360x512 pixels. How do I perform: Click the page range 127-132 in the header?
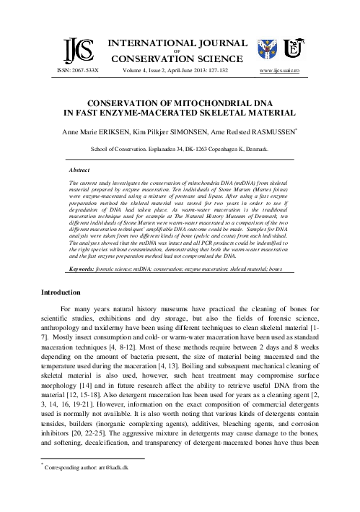[226, 70]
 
